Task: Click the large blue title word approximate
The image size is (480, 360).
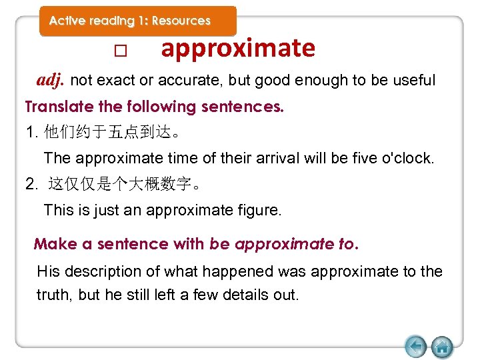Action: [238, 49]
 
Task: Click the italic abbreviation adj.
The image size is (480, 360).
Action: [51, 81]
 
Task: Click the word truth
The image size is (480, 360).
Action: [54, 295]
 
